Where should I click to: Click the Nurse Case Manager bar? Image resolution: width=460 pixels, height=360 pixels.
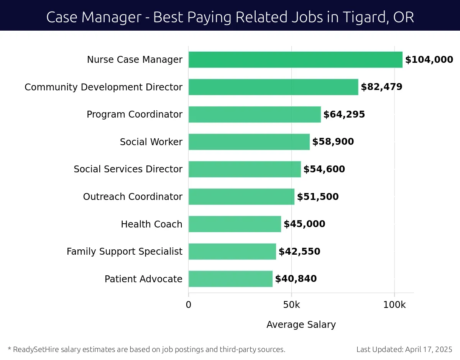pos(295,60)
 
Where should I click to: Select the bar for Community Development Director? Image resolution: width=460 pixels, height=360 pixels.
pos(273,87)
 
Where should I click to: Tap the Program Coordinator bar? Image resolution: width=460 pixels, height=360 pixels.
pos(255,115)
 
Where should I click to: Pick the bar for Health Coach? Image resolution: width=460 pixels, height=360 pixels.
pos(235,224)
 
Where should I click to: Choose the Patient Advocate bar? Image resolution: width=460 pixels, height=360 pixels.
pos(230,279)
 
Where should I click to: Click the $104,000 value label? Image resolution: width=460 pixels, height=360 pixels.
pos(429,60)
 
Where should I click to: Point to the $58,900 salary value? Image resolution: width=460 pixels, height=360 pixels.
pos(333,142)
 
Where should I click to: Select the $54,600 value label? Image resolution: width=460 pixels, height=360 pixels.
pos(324,169)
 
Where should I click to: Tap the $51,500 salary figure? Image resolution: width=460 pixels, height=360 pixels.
pos(317,197)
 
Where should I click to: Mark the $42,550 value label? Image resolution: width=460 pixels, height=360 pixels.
pos(299,252)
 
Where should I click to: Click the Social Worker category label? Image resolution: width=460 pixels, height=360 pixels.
pos(151,142)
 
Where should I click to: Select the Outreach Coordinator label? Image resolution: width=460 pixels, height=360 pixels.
pos(133,197)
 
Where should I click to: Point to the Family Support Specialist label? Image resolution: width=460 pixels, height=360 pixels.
pos(124,252)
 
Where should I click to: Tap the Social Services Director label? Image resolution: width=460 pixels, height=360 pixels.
pos(128,169)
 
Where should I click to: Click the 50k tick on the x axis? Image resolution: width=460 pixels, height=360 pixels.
pos(291,305)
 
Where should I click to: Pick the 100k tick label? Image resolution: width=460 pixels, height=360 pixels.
pos(394,305)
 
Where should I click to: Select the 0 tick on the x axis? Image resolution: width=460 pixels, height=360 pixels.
pos(188,305)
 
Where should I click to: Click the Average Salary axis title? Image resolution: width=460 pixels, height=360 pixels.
pos(301,325)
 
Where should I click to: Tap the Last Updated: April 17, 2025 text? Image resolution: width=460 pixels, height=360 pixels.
pos(404,349)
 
